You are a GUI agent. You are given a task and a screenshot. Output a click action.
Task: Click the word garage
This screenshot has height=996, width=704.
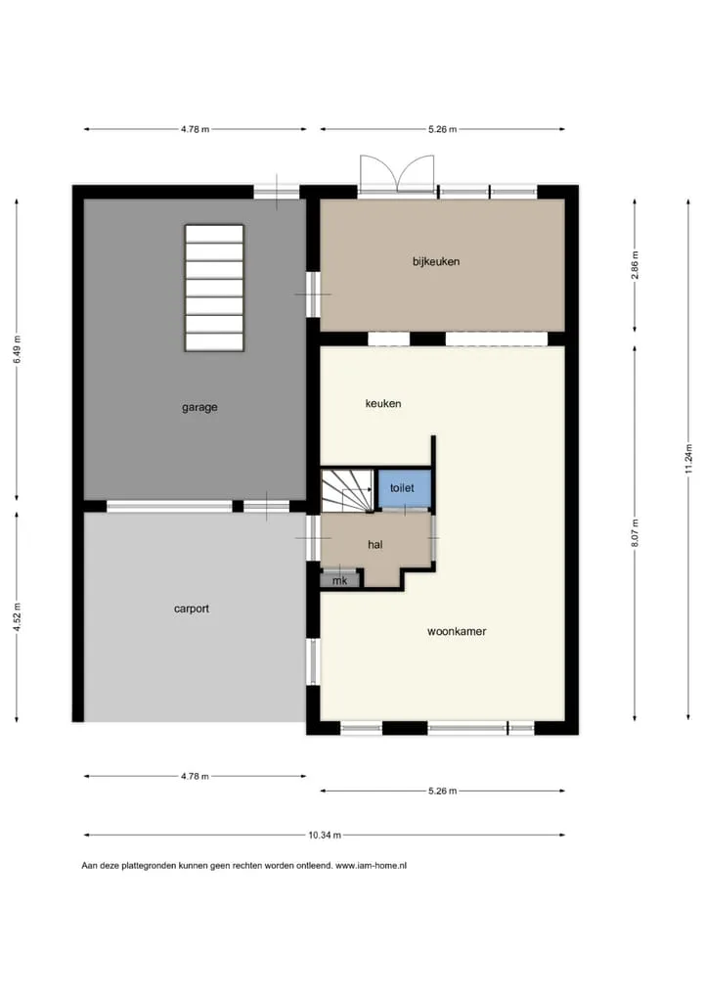[199, 408]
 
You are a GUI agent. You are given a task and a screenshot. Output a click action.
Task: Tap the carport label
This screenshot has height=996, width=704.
[191, 609]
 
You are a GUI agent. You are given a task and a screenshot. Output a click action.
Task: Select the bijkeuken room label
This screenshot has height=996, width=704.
[436, 261]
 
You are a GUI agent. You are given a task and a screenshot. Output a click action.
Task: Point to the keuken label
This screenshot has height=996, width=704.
[382, 403]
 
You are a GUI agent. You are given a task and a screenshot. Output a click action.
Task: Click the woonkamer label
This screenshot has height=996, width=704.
[457, 631]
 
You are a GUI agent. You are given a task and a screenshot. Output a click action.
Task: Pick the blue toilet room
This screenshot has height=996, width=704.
[405, 488]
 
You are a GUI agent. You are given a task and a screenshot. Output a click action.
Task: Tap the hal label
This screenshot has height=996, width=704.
[375, 544]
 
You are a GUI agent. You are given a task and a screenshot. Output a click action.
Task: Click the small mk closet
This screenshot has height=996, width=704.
[339, 580]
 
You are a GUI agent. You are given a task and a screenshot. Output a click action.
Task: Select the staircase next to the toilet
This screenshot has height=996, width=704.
[346, 490]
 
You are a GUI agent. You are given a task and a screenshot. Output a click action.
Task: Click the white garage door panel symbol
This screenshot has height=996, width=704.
[214, 288]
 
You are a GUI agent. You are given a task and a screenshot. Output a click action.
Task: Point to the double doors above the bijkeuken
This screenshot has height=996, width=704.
[397, 173]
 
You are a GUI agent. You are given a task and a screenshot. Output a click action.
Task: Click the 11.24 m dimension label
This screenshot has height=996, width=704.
[688, 459]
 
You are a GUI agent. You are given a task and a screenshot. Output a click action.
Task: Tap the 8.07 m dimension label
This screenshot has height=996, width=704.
[635, 532]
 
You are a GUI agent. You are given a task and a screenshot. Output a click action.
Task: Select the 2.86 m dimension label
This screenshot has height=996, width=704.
[635, 265]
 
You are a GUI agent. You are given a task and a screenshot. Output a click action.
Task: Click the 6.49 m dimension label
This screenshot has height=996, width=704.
[17, 349]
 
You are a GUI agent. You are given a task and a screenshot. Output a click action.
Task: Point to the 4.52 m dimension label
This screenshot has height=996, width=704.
[17, 616]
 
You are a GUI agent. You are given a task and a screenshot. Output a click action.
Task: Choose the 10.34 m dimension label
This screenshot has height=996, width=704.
[325, 836]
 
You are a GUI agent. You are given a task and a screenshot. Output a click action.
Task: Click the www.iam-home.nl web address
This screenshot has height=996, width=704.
[371, 865]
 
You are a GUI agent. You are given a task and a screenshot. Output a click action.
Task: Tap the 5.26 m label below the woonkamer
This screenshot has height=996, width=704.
[443, 791]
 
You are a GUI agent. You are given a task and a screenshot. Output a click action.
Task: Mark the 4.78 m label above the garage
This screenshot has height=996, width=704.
[195, 129]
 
